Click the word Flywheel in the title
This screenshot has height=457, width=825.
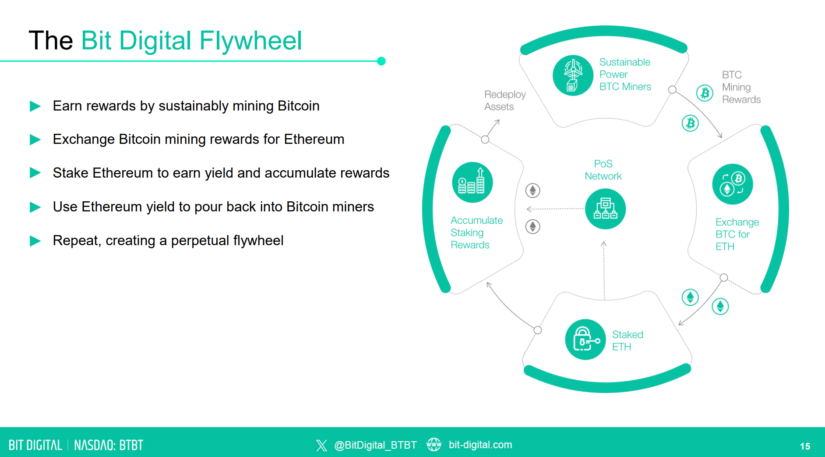[x=250, y=40]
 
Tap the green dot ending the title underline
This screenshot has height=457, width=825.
[x=381, y=61]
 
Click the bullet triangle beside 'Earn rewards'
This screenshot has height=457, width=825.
[x=35, y=106]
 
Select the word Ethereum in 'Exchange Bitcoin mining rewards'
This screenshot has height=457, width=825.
[x=314, y=139]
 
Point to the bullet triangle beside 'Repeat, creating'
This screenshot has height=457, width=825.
[x=35, y=241]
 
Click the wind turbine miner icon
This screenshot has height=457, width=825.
[x=573, y=75]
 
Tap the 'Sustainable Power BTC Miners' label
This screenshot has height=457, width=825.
[x=625, y=75]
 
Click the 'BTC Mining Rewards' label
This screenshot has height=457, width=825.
[x=741, y=87]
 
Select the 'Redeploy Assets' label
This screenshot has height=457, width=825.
[x=505, y=100]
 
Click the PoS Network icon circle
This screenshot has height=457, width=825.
[x=605, y=209]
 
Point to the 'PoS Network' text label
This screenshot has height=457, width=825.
[x=603, y=170]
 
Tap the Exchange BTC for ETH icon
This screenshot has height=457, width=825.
[x=733, y=184]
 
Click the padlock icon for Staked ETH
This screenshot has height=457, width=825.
[x=585, y=339]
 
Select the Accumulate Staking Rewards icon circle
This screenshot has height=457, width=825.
[x=472, y=182]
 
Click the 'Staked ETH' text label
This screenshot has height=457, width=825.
[x=628, y=341]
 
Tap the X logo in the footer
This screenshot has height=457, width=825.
[x=321, y=446]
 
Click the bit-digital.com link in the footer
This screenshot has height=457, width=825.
[x=480, y=445]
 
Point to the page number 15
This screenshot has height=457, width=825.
[x=805, y=446]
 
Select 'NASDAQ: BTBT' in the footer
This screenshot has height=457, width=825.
[x=109, y=446]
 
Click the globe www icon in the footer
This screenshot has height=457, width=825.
[x=434, y=445]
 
